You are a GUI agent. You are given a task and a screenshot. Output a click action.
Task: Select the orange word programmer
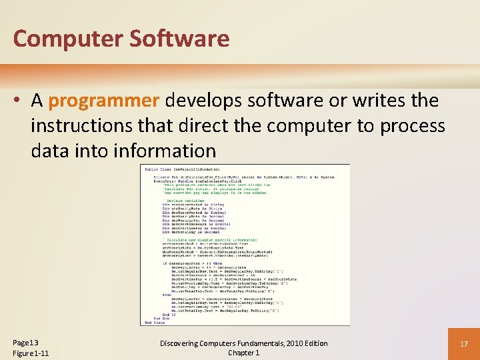pos(104,101)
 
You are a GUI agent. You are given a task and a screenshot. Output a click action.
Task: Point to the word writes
pos(377,101)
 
